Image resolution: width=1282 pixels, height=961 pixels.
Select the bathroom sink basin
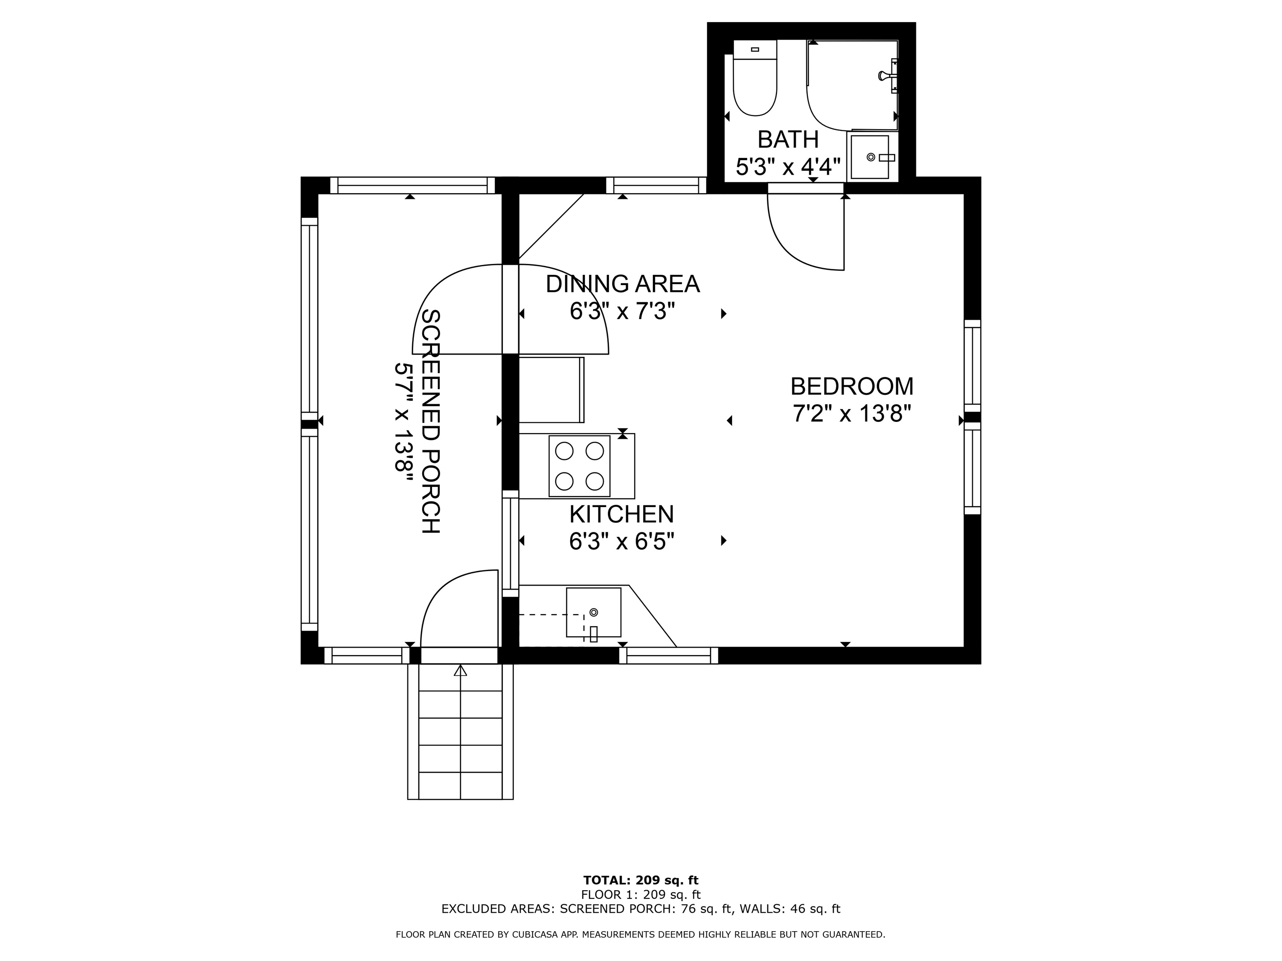[869, 157]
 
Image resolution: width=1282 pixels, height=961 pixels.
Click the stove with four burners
[580, 466]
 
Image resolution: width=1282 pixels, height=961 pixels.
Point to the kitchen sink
[594, 612]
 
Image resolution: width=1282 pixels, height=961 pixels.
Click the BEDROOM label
[852, 386]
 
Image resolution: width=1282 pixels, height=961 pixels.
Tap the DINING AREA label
[623, 284]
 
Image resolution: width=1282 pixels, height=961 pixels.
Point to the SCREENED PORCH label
[431, 421]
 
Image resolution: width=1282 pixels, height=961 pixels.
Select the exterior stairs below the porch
[460, 732]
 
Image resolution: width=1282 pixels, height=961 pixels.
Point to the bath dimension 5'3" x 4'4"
[788, 167]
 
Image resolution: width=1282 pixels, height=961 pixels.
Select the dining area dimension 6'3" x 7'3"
[623, 312]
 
